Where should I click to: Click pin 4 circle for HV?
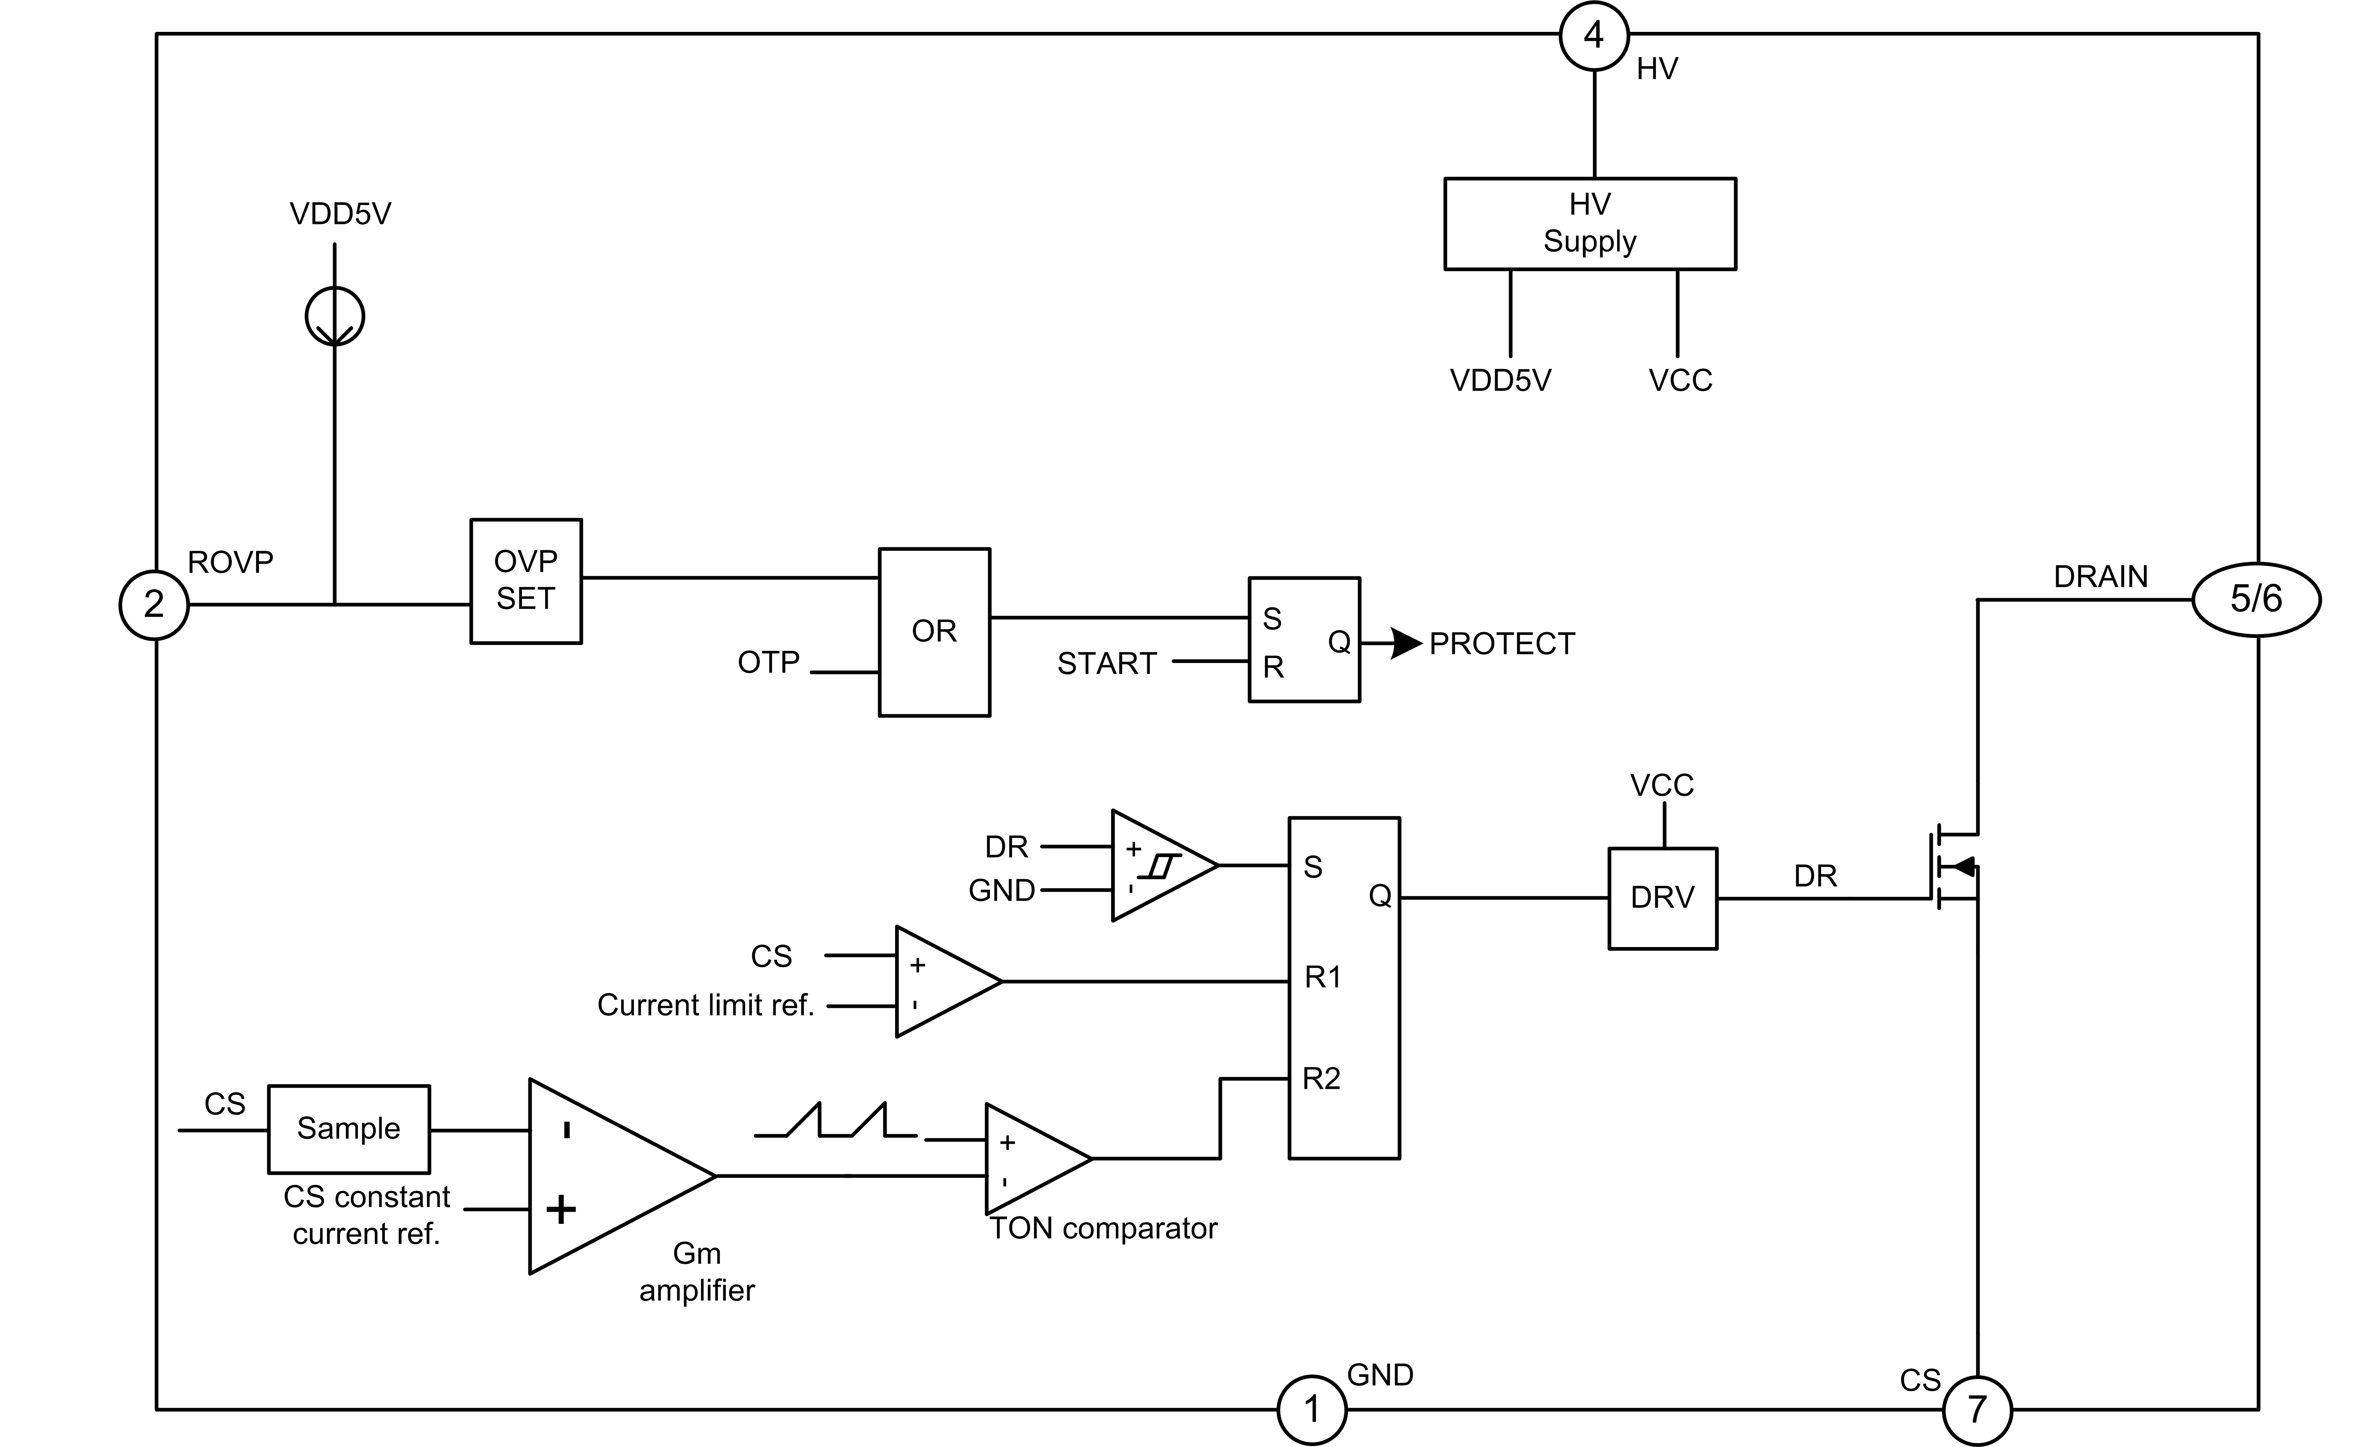1594,36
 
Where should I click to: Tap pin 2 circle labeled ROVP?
154,605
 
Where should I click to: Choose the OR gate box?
934,632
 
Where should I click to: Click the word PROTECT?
1501,643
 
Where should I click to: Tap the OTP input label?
768,662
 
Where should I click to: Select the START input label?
1106,664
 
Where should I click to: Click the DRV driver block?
1662,898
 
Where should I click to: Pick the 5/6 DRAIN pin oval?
2255,599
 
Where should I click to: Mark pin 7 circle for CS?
1976,1410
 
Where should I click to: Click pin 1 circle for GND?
1311,1410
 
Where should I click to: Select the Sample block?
348,1129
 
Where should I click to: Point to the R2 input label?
1321,1079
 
